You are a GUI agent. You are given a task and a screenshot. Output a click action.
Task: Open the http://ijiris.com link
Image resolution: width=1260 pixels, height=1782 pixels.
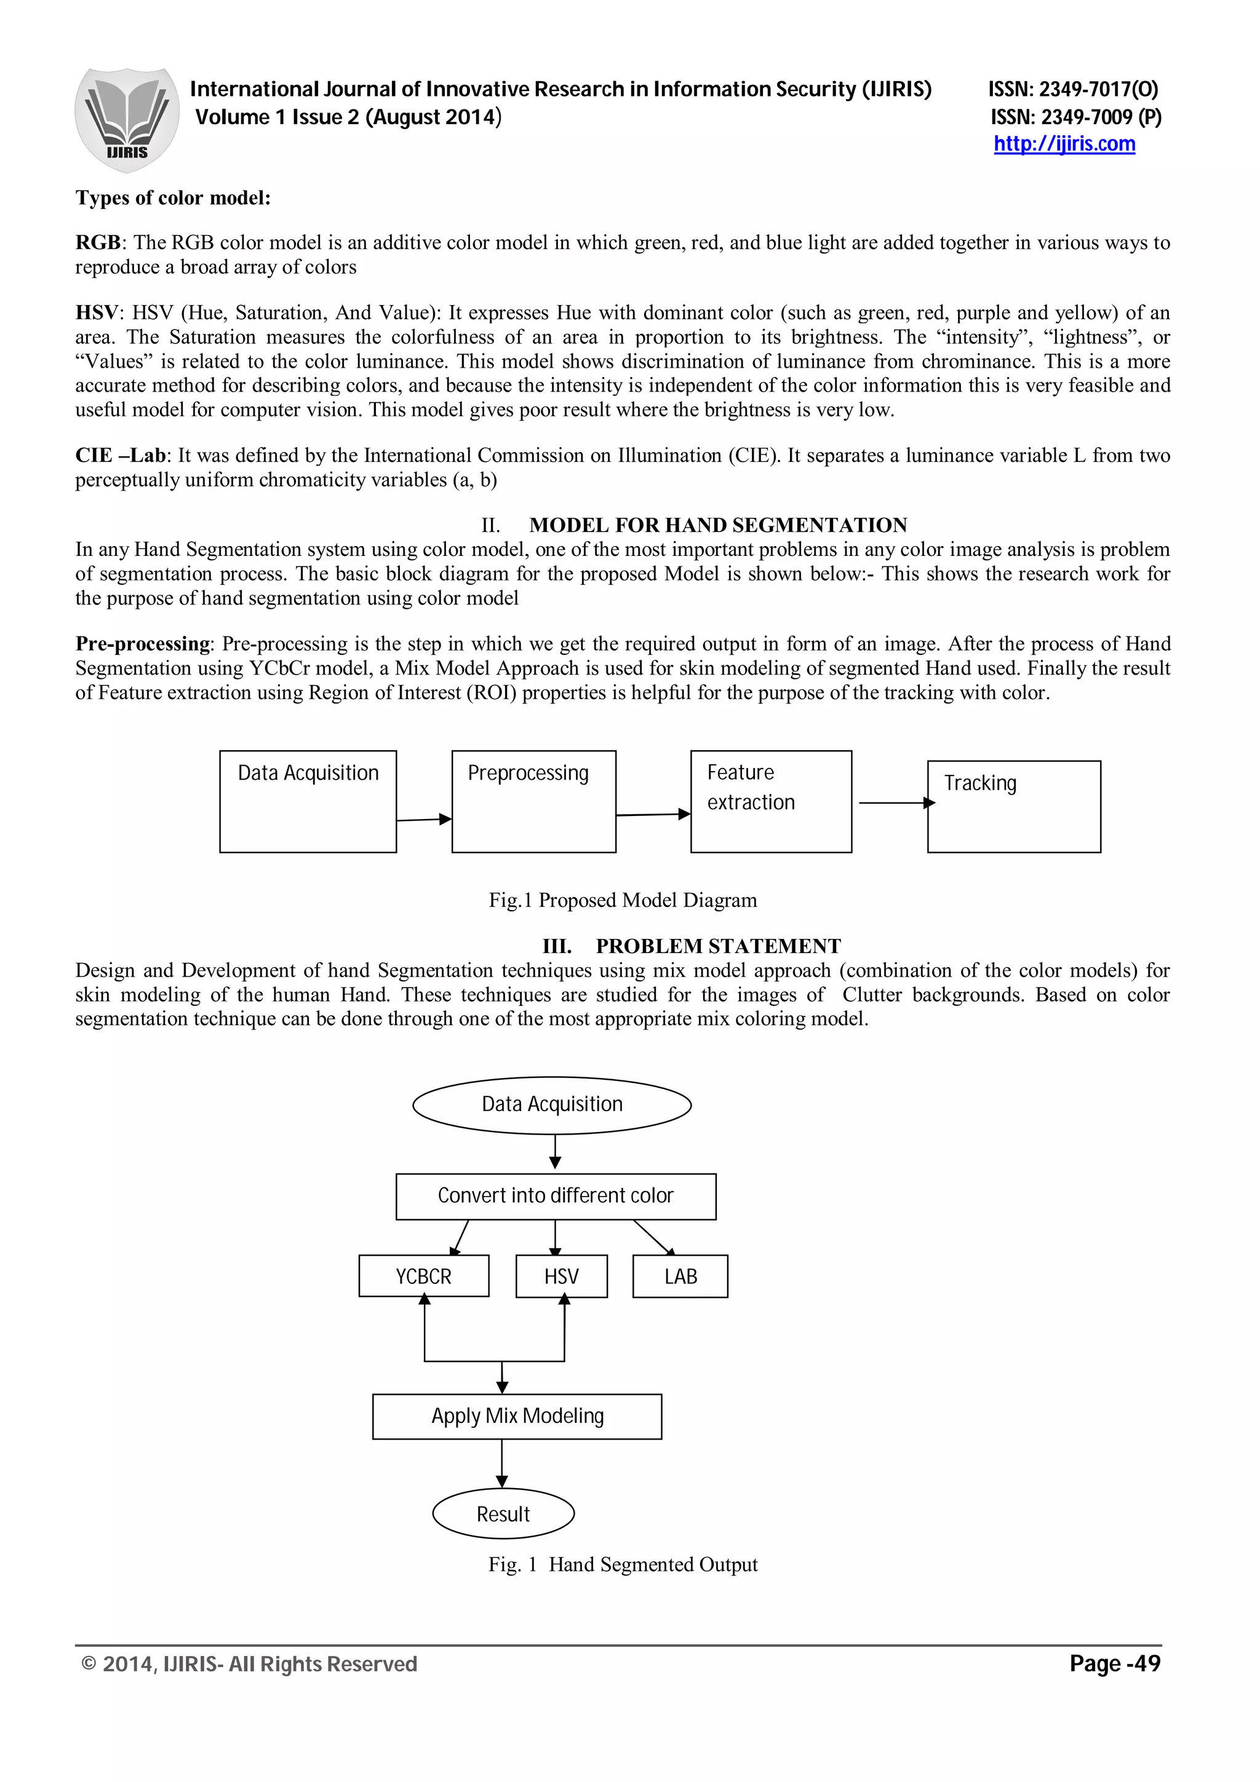click(1064, 145)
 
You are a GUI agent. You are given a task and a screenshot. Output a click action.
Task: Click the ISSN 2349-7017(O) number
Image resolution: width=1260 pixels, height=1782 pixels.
click(1073, 90)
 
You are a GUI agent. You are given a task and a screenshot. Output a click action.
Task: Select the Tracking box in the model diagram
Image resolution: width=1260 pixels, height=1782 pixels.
click(1013, 806)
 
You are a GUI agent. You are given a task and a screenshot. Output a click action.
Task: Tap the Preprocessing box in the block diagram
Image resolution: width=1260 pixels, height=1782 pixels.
click(533, 801)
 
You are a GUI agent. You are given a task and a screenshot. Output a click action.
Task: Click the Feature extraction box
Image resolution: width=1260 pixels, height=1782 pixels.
click(770, 801)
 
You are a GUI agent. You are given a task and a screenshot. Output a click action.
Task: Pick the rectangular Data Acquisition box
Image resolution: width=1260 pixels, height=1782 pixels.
click(308, 801)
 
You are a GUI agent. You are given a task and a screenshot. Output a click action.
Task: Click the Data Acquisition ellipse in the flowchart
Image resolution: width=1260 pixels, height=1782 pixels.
click(551, 1104)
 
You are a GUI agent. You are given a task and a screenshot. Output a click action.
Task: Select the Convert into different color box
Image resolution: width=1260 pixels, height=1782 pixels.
click(555, 1196)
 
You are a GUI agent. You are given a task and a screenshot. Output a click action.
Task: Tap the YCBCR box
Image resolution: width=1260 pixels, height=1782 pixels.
click(423, 1276)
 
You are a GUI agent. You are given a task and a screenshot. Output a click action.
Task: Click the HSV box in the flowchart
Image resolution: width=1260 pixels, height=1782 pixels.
click(561, 1276)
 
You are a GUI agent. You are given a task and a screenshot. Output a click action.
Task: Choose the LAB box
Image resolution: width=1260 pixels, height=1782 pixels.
click(680, 1276)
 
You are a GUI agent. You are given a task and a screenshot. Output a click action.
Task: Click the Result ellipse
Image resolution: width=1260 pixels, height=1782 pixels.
click(503, 1513)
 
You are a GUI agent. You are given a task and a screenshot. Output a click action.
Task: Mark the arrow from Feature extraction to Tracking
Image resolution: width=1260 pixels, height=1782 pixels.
click(895, 802)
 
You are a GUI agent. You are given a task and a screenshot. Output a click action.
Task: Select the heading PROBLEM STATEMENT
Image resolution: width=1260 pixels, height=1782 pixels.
click(717, 946)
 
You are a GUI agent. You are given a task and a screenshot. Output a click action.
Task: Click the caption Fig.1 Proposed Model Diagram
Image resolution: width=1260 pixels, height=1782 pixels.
click(623, 900)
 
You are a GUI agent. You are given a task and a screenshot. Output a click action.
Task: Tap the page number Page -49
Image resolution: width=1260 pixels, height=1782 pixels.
click(1114, 1663)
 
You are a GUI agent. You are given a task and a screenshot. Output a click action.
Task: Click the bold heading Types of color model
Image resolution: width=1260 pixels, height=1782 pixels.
click(173, 198)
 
